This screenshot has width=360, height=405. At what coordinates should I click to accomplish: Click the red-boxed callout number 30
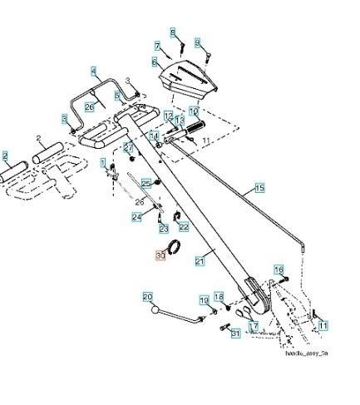point(161,257)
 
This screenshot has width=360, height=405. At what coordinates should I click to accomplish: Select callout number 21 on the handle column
point(200,261)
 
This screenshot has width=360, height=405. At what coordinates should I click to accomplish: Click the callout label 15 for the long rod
point(259,189)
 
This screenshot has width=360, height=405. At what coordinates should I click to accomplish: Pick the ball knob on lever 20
point(155,312)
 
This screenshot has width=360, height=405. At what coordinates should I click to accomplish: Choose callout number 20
point(147,296)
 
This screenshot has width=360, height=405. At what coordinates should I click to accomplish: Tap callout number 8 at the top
point(174,33)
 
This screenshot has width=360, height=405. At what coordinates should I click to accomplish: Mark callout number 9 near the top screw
point(197,42)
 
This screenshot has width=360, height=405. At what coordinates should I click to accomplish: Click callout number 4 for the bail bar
point(94,72)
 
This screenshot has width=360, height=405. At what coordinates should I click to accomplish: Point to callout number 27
point(129,147)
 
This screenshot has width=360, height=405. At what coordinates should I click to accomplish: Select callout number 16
point(279,269)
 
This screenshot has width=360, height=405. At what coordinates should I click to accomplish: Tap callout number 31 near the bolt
point(235,333)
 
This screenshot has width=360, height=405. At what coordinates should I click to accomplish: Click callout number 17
point(254,327)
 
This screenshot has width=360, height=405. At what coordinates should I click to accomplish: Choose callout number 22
point(184,226)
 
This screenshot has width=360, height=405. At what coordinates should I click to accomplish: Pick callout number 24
point(136,216)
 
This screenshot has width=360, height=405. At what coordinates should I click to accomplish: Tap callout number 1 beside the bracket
point(103,163)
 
